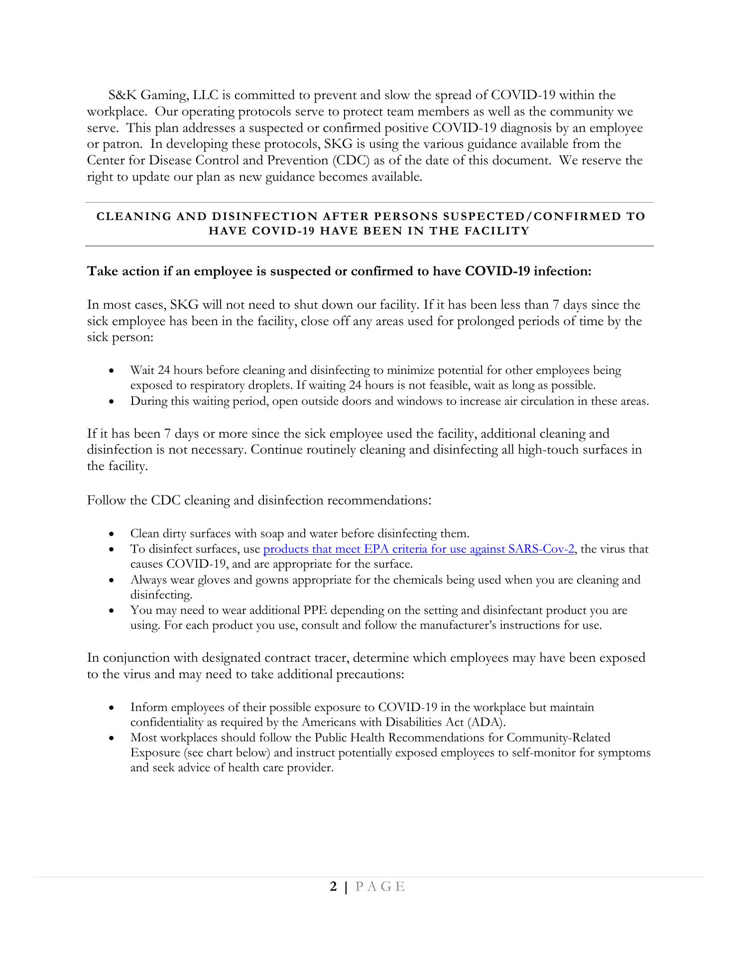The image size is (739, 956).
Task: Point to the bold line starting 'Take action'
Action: click(339, 271)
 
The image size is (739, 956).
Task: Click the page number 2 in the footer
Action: click(334, 900)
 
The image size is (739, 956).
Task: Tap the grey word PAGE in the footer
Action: click(381, 900)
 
